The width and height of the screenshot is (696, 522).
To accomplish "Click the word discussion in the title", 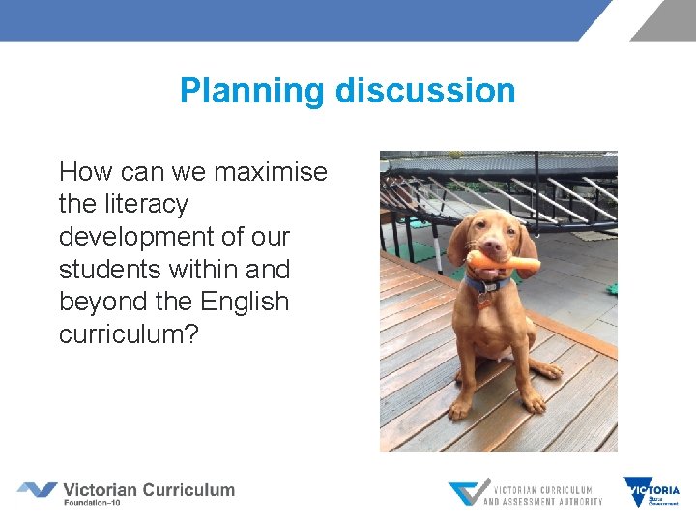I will (x=425, y=91).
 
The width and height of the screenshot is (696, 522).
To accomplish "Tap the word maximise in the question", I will (x=271, y=172).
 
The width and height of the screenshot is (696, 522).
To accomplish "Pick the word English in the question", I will (x=244, y=302).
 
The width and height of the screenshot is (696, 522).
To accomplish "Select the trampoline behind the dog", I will (x=503, y=179).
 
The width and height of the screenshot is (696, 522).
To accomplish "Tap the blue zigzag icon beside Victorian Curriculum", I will (x=37, y=490).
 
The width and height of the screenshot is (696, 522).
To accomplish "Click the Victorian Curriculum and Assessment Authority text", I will (x=542, y=495).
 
